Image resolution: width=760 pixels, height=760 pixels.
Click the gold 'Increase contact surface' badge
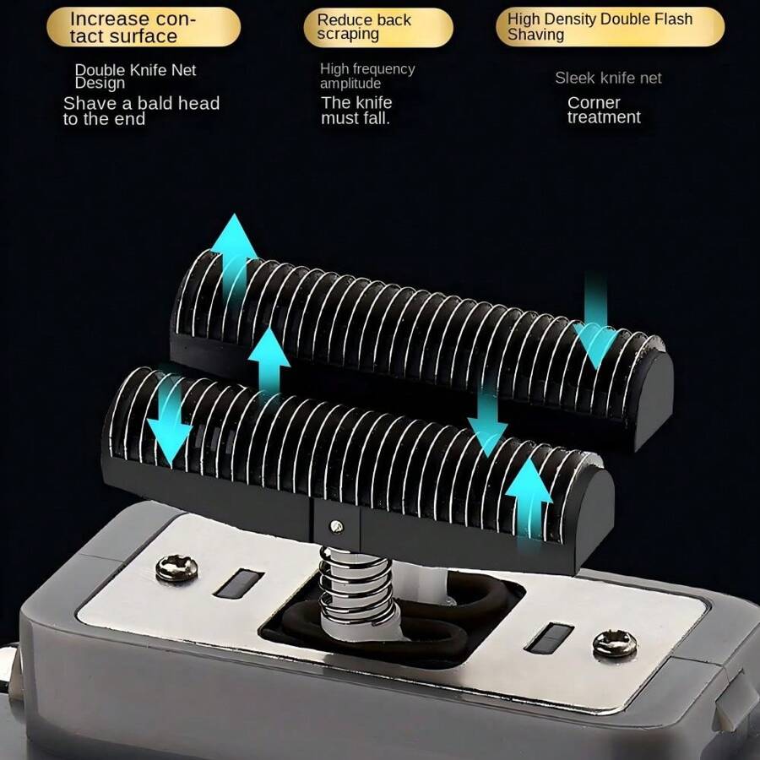click(144, 27)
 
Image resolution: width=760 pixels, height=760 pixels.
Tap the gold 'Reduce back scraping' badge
click(378, 27)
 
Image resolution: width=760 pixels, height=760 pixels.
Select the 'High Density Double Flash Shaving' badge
click(611, 27)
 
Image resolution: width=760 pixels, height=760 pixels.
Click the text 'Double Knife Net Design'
click(135, 76)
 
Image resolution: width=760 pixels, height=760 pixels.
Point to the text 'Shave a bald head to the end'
click(141, 111)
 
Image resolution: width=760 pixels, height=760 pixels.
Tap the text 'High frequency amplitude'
click(367, 76)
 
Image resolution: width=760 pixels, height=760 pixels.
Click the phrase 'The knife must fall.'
click(356, 110)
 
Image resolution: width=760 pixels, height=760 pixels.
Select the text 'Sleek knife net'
click(608, 78)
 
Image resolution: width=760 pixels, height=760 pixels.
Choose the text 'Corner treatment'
click(604, 110)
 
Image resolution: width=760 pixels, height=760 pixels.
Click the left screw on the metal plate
click(176, 568)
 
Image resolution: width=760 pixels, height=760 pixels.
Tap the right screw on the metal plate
click(615, 643)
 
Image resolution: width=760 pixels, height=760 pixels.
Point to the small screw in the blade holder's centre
click(336, 526)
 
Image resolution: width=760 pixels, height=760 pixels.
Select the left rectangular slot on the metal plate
click(239, 584)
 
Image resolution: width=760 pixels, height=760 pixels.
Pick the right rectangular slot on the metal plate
click(549, 638)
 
